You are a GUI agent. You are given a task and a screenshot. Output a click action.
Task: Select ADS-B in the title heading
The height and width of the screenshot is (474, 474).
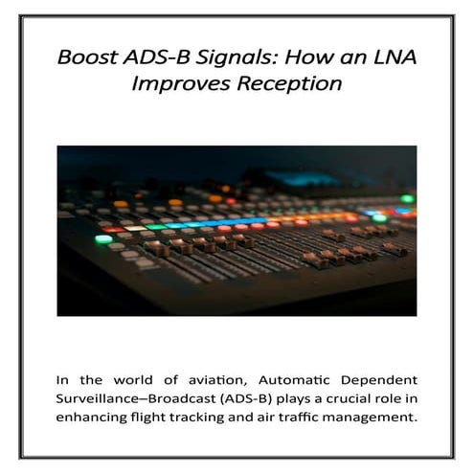point(156,56)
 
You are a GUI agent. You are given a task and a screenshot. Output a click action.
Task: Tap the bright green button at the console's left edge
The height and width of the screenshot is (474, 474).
point(102,238)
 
